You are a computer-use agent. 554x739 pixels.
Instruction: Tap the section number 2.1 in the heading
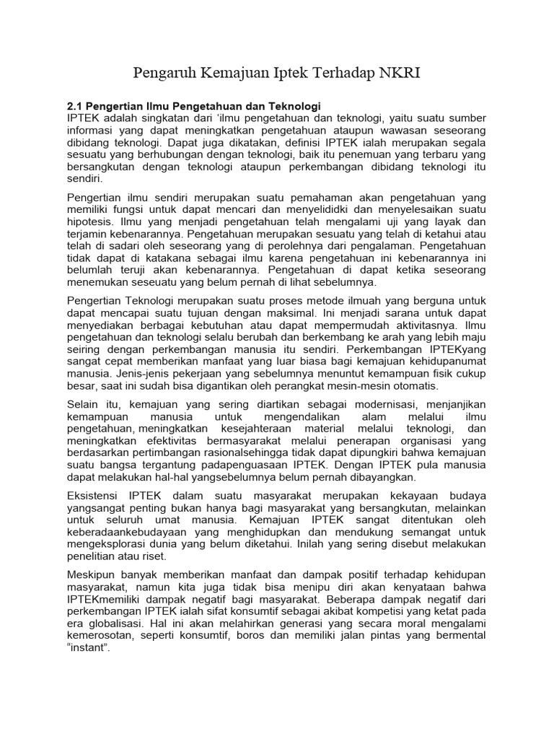(x=76, y=106)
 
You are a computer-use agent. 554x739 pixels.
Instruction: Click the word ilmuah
(x=344, y=300)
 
